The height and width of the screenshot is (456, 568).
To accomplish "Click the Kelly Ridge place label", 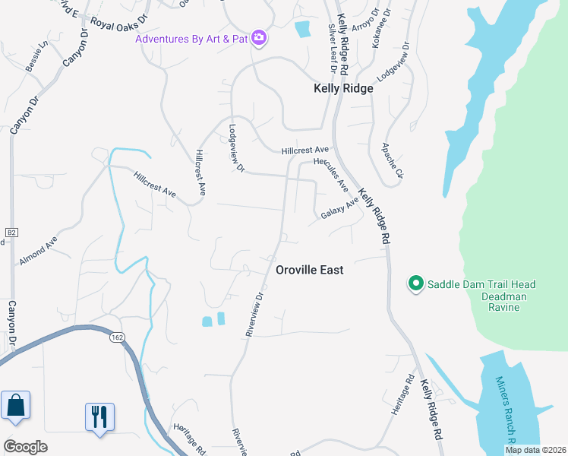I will (x=343, y=88).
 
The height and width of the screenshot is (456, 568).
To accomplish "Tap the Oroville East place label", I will (x=309, y=270).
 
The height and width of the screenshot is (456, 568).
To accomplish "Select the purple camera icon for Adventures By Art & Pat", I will (x=259, y=38).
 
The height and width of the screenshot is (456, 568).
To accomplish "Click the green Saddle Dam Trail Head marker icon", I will (x=415, y=284).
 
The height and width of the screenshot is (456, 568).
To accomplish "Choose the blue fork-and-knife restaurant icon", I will (x=99, y=417).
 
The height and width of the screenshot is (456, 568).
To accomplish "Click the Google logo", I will (x=24, y=447).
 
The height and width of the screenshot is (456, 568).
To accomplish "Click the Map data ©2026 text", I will (x=535, y=450).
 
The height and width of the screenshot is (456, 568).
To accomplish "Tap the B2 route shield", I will (x=11, y=232).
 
